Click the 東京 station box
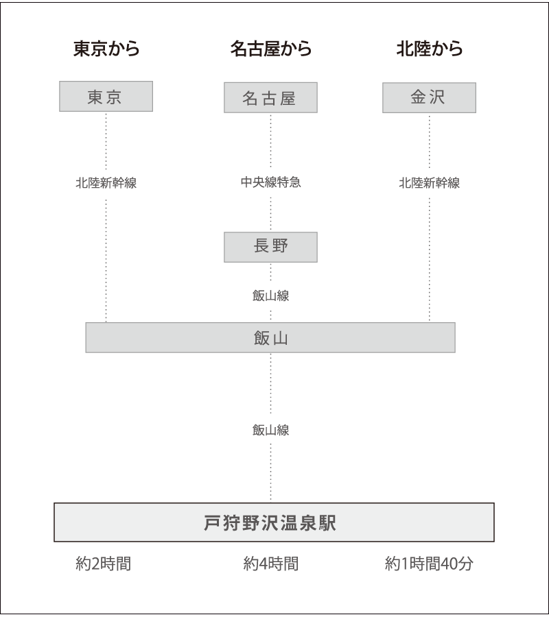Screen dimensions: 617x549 pos(106,97)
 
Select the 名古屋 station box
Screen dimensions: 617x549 pos(270,98)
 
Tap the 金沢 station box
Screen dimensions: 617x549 pos(429,97)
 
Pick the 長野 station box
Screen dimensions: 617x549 pos(270,247)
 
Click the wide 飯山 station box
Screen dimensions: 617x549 pos(270,337)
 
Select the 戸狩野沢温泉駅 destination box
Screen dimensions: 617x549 pos(274,522)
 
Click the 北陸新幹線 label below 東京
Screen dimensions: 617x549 pos(106,183)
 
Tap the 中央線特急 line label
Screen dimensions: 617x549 pos(270,183)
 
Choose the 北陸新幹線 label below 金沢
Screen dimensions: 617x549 pos(429,183)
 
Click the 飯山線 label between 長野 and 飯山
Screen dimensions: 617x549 pos(270,295)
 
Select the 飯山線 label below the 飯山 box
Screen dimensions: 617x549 pos(270,430)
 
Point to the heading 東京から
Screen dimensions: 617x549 pos(106,49)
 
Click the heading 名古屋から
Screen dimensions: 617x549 pos(270,49)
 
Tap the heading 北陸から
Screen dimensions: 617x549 pos(429,49)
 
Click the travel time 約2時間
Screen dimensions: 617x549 pos(103,564)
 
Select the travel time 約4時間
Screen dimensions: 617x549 pos(270,564)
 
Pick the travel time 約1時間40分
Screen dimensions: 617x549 pos(429,564)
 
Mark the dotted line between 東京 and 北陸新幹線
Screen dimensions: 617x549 pos(106,141)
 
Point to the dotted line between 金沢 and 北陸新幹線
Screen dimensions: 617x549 pos(430,141)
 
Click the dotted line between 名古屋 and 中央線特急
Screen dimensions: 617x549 pos(271,141)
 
